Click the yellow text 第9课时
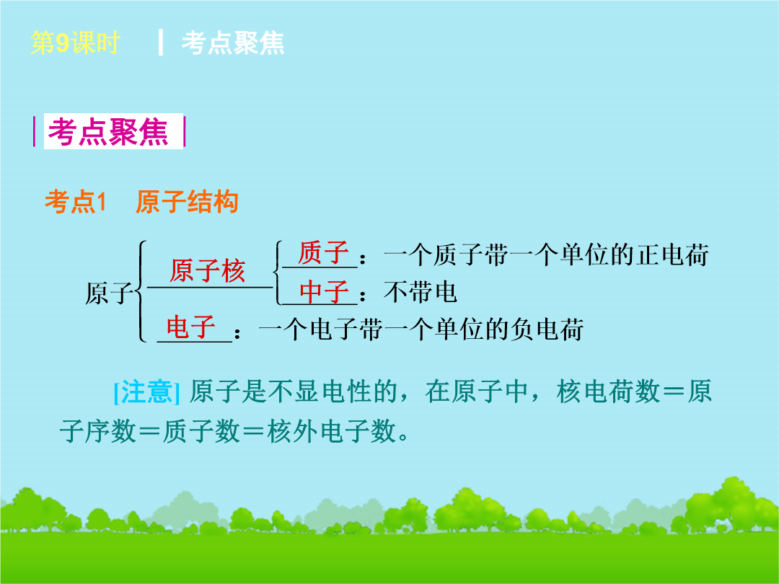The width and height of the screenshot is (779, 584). tap(75, 43)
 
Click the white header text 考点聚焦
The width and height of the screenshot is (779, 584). tap(233, 43)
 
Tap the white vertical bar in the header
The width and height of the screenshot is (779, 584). tap(160, 43)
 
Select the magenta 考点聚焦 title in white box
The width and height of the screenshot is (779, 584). tap(107, 132)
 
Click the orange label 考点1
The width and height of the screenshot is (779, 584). tap(76, 202)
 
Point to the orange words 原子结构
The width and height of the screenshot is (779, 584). tap(187, 202)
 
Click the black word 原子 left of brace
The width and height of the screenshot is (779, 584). tap(109, 293)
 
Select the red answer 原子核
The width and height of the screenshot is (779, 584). tap(207, 271)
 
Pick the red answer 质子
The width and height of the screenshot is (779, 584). tap(323, 252)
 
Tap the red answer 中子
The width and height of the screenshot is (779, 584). tap(323, 291)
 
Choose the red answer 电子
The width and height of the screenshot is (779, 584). tap(190, 327)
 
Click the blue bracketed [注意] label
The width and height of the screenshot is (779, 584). tap(146, 391)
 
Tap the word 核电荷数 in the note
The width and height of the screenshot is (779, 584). tap(609, 391)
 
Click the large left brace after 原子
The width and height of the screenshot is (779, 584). tap(141, 291)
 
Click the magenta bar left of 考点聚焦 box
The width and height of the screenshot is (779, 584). tap(35, 132)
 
